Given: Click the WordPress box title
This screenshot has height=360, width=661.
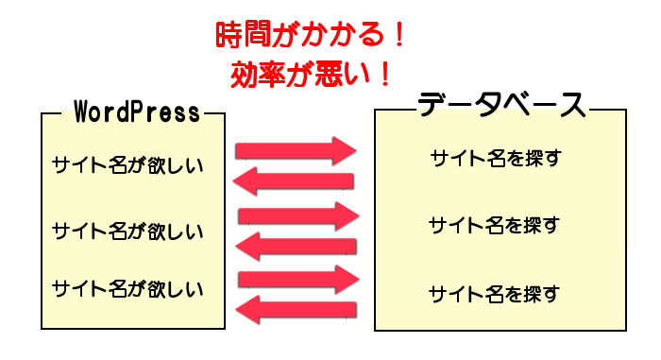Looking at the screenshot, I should pos(137,113).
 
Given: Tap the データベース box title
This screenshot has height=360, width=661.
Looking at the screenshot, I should pos(501,105).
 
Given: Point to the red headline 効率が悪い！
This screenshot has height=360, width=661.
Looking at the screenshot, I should pos(311,72).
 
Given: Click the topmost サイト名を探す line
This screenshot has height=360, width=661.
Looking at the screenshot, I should pos(495,158).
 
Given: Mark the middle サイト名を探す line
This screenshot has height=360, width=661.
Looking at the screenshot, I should pos(495,225).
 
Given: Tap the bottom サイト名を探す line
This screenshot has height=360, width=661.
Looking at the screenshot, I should pos(495,293).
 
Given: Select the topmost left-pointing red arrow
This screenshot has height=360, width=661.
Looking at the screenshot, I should pos(294,180).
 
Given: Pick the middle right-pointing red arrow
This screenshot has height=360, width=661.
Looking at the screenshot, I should pos(298,214).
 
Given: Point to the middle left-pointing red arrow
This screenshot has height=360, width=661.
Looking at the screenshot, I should pos(295,247).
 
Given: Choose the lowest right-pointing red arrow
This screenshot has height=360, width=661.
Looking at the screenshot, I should pos(298,279).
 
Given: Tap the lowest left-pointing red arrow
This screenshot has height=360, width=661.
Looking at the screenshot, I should pos(295,310).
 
